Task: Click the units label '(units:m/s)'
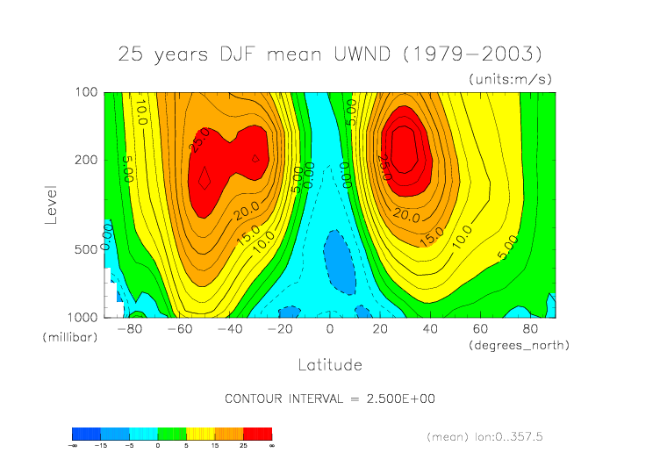[510, 79]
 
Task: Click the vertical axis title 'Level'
[51, 204]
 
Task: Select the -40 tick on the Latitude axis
[230, 329]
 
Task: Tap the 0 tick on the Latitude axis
[330, 329]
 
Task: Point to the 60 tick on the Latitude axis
[481, 329]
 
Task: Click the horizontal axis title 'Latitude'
[329, 363]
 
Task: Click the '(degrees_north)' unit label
[519, 345]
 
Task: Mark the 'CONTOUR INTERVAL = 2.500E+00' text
[330, 399]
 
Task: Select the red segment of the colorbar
[257, 434]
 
